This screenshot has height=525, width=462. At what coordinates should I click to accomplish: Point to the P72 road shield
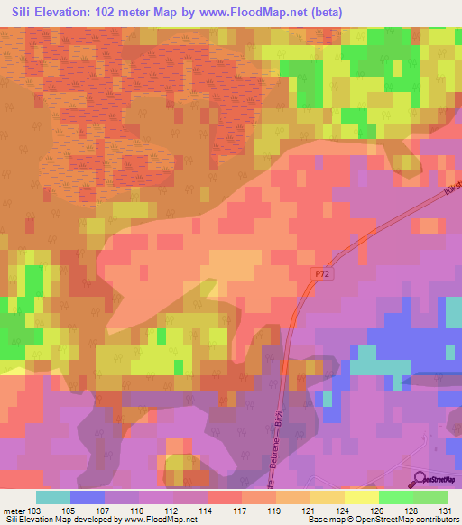click(324, 272)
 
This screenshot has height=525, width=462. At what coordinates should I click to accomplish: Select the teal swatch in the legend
click(52, 497)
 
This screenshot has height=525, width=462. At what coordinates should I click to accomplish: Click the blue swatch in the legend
click(87, 497)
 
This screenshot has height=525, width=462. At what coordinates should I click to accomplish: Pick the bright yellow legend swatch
click(361, 497)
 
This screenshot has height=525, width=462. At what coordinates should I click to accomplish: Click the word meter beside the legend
click(15, 510)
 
